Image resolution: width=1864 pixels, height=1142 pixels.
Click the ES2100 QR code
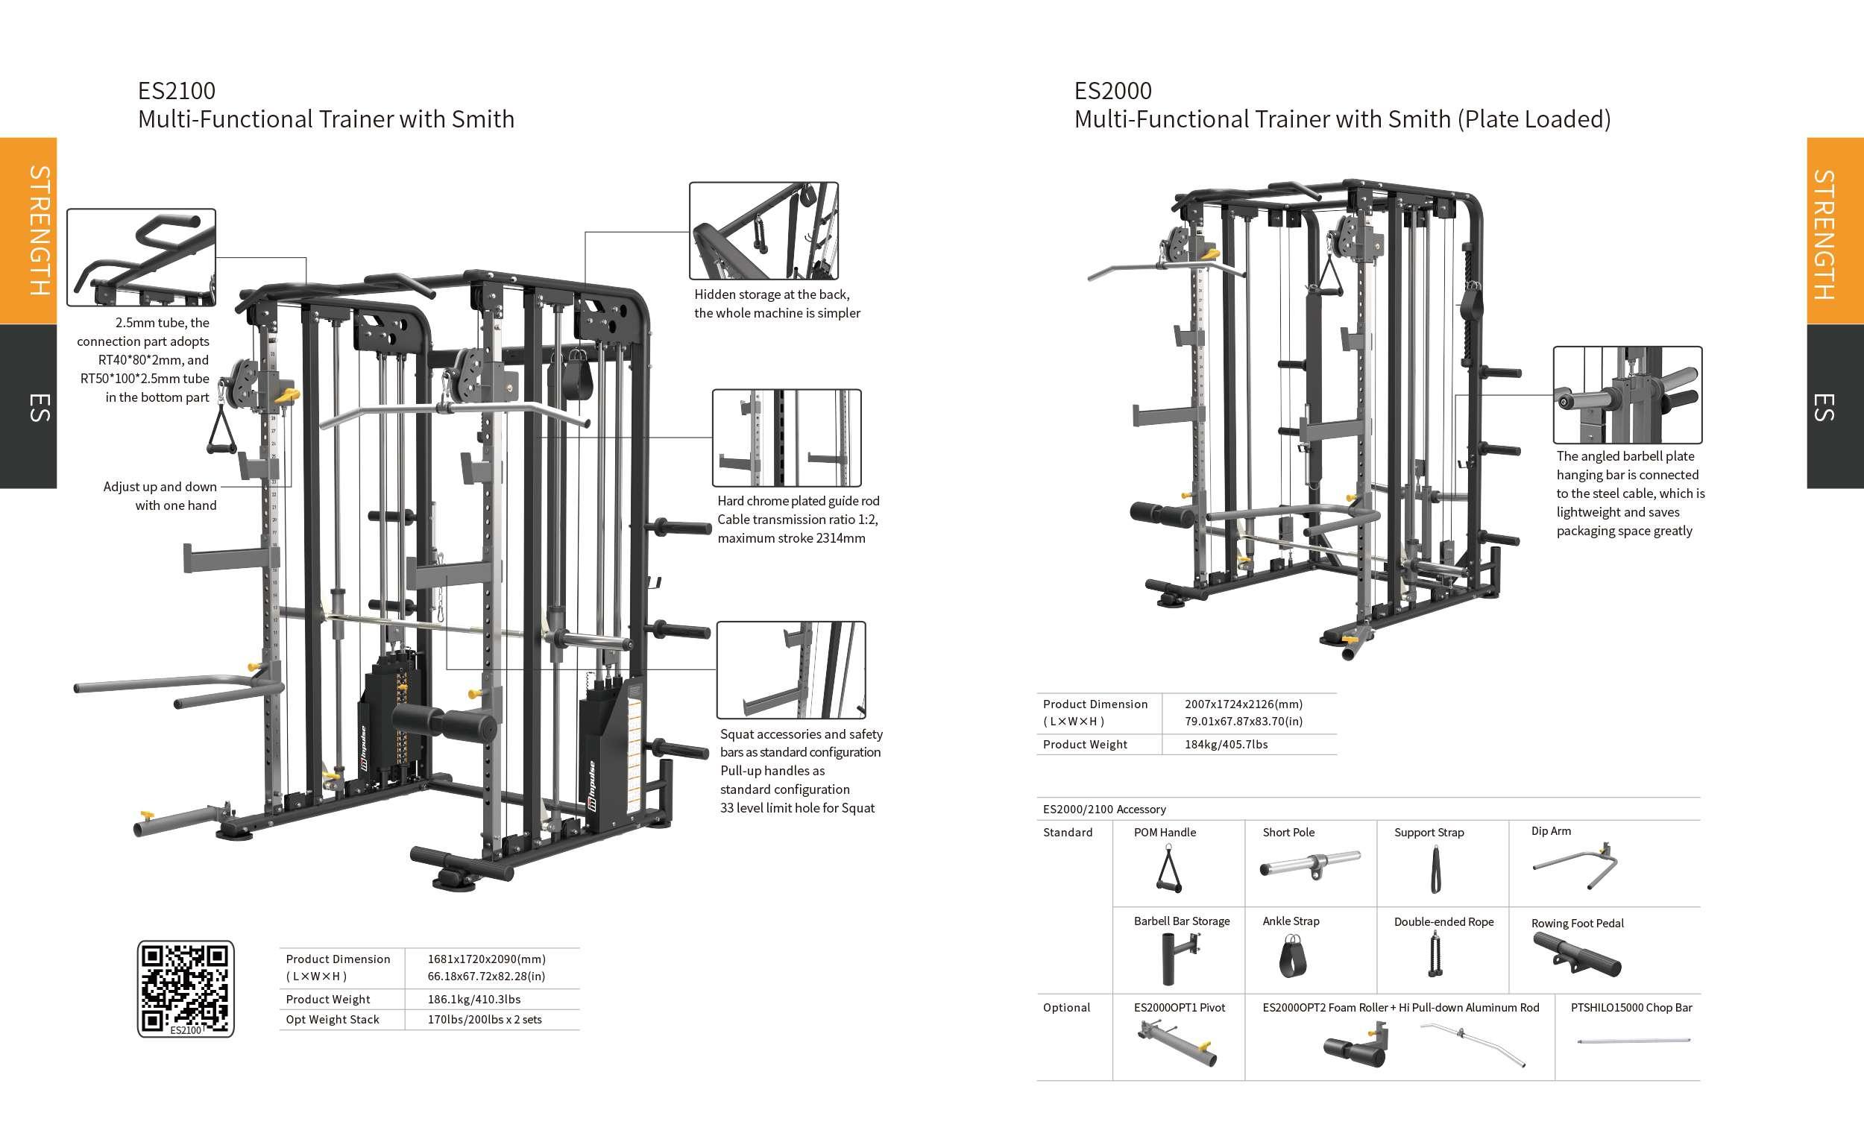[x=186, y=988]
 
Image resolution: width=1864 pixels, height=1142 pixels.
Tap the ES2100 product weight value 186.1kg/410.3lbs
[x=473, y=999]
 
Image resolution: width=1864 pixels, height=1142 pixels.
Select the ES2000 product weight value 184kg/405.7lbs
[x=1226, y=744]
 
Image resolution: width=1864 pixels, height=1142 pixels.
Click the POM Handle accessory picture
[x=1169, y=869]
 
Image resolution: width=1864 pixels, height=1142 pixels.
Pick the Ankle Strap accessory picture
[x=1291, y=956]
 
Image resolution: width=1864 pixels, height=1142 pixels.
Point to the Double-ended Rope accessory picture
[x=1433, y=954]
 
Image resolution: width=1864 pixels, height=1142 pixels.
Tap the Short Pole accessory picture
[x=1310, y=864]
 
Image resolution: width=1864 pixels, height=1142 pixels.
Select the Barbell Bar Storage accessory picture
[x=1180, y=956]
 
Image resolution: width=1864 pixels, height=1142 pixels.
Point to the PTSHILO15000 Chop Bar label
[x=1631, y=1007]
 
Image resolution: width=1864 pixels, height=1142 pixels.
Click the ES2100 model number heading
[x=176, y=91]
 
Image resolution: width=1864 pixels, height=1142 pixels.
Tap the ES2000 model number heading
[x=1112, y=91]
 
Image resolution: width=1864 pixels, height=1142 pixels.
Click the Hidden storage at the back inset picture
[x=763, y=230]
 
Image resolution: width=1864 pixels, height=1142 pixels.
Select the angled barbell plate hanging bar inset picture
[x=1627, y=395]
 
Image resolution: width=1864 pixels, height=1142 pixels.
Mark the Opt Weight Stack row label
[x=332, y=1020]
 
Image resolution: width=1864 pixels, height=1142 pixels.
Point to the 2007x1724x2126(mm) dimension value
[x=1243, y=704]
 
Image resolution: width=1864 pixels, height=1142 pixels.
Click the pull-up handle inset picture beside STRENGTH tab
[x=142, y=257]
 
